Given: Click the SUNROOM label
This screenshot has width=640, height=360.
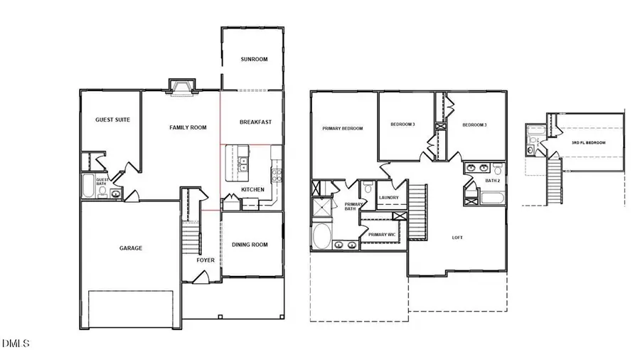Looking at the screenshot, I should click(x=254, y=59).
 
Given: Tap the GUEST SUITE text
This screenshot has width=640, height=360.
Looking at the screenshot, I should click(x=112, y=120).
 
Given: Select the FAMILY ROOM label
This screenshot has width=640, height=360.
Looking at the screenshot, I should click(x=188, y=128).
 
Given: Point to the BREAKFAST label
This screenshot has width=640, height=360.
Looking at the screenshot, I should click(x=255, y=122).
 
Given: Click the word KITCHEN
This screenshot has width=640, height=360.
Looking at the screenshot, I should click(x=252, y=190).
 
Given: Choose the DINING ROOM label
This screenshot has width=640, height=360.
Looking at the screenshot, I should click(x=250, y=245).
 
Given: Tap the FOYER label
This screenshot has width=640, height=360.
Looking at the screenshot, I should click(x=206, y=260).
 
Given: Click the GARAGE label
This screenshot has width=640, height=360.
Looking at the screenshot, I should click(x=130, y=248).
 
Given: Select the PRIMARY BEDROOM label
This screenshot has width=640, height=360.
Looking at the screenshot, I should click(x=343, y=129).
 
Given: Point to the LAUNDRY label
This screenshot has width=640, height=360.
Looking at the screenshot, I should click(x=388, y=198).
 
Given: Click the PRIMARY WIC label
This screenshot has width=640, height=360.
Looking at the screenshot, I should click(x=382, y=235).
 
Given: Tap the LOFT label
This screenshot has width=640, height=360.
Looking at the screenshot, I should click(x=457, y=238).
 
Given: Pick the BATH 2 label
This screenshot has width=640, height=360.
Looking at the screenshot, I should click(x=493, y=181).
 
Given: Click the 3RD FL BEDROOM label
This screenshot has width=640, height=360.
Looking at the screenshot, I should click(x=589, y=143).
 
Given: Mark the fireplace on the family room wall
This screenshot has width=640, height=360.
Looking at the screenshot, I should click(x=181, y=87).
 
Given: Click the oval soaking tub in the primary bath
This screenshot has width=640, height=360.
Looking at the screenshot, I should click(x=320, y=237).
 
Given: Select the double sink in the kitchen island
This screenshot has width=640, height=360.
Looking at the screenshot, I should click(x=243, y=162).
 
